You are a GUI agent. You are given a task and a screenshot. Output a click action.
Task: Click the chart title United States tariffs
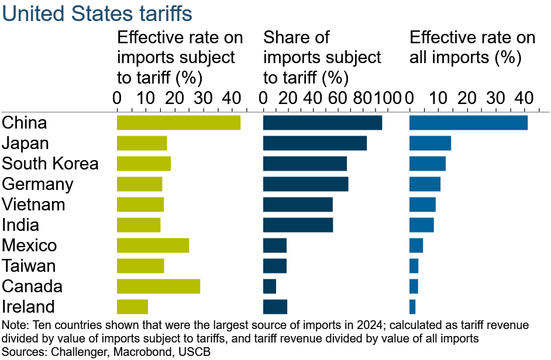coord(97,13)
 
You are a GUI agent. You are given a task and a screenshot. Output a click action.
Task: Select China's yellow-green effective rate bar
coord(178,123)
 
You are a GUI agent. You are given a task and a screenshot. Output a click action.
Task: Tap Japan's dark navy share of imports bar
coord(315,143)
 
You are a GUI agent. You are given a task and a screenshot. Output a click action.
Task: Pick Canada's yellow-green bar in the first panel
coord(159,286)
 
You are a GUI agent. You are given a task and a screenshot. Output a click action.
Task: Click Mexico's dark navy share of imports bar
coord(275,245)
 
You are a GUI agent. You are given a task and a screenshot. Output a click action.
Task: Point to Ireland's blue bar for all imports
coord(412,307)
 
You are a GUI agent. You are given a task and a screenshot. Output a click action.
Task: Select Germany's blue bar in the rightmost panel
coord(425,184)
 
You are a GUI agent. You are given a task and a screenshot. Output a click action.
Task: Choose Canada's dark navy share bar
coord(270,286)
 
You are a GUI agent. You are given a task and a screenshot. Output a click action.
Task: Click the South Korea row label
coord(50,164)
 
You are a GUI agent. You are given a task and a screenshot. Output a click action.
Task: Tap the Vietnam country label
coord(34,205)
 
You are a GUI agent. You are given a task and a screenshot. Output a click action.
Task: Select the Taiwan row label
coord(29,266)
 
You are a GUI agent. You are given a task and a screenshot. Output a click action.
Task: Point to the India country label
coord(21,225)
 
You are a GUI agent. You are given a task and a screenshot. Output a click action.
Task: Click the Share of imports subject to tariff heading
coord(322,58)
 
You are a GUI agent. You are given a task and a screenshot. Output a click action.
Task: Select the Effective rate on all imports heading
coord(472,48)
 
